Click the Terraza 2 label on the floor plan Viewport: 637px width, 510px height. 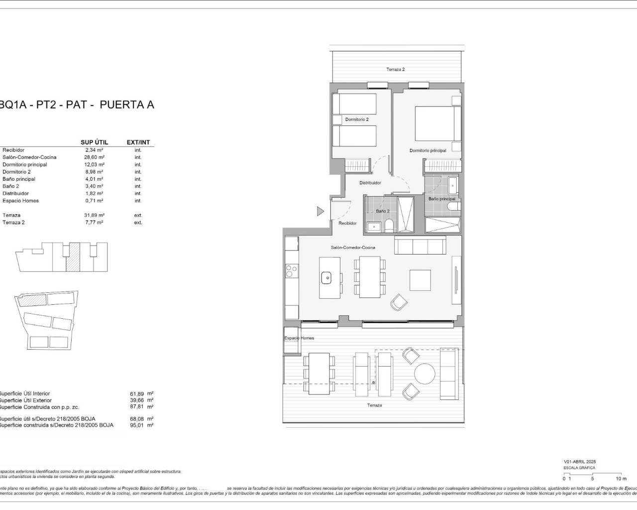396,69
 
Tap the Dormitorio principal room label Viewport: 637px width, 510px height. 427,150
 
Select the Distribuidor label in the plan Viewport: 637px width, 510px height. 370,183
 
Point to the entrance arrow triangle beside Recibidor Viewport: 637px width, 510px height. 320,211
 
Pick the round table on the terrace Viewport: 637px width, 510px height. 425,375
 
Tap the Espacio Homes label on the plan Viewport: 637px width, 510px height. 299,338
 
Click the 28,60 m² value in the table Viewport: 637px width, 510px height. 94,157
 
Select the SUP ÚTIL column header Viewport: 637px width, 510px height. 94,142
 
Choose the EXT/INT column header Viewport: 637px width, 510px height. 138,142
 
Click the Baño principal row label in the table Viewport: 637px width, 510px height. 19,179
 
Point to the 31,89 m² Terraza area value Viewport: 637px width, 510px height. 94,215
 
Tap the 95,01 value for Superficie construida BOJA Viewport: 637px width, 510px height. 136,425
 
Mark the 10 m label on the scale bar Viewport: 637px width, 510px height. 621,479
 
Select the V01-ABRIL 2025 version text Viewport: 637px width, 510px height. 579,462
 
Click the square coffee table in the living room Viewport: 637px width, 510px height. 420,280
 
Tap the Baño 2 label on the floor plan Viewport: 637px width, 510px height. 383,211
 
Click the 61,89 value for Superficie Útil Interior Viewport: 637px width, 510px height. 136,393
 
